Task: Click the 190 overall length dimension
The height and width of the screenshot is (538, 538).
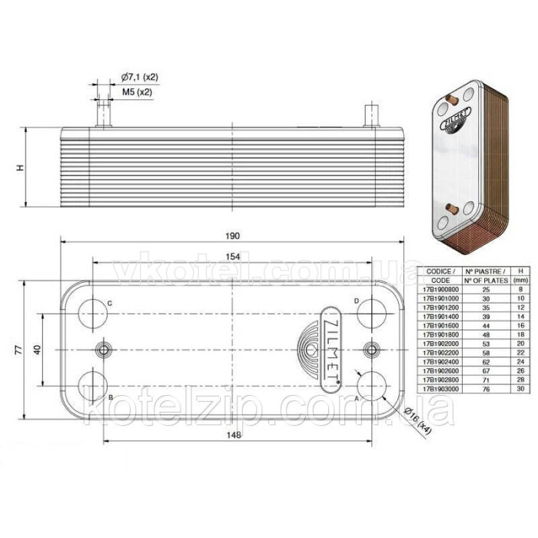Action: (234, 235)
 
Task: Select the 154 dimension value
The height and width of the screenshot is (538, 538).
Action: (234, 256)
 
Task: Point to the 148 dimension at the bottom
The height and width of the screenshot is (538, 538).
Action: (234, 435)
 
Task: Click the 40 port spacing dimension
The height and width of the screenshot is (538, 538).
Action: (37, 350)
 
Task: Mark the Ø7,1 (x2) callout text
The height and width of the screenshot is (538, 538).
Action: (139, 78)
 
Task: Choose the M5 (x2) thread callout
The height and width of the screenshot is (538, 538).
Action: (137, 92)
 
